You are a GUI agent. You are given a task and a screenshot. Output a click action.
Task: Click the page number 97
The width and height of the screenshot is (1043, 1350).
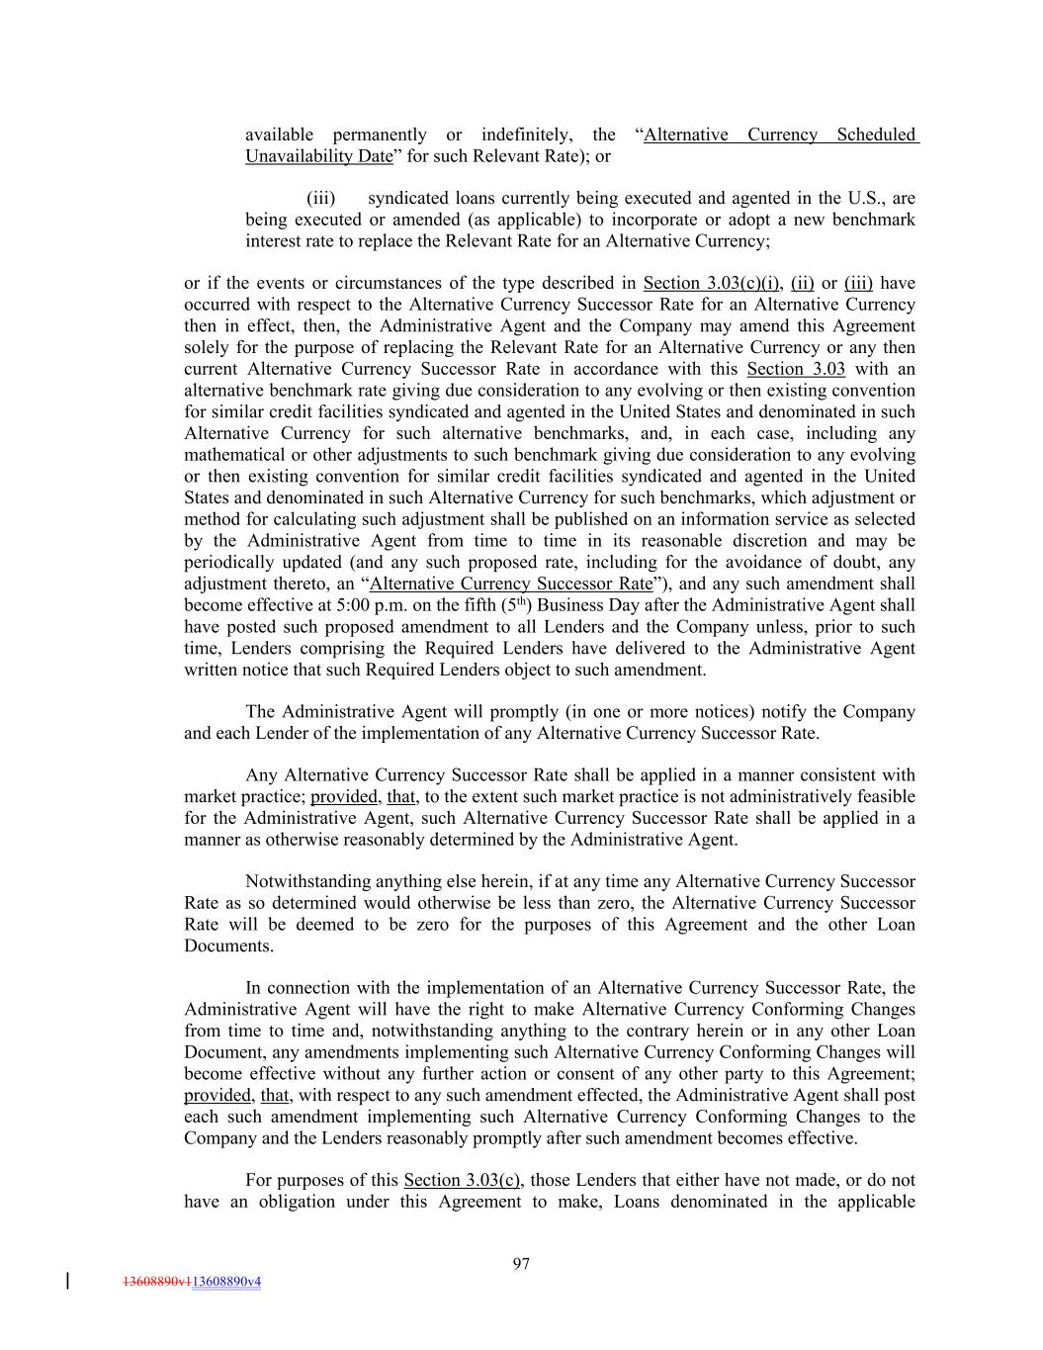click(x=521, y=1263)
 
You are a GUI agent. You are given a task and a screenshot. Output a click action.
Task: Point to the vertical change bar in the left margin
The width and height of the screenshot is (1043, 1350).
click(x=67, y=1282)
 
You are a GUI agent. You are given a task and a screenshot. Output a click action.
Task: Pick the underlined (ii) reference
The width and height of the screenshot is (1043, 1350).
click(x=802, y=283)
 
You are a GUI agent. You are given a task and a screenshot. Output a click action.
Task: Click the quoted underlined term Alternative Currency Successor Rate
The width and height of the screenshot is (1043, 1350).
click(x=510, y=584)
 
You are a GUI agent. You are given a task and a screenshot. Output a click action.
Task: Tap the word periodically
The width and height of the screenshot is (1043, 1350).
click(x=228, y=562)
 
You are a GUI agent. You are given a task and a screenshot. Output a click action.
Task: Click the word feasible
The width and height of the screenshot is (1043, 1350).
click(x=884, y=796)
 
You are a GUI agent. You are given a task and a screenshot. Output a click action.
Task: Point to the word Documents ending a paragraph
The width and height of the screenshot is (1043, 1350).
click(x=226, y=945)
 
